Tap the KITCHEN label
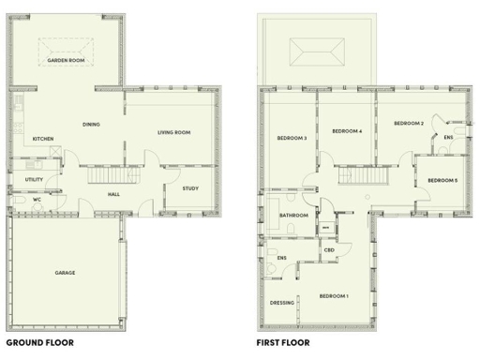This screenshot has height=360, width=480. tap(43, 140)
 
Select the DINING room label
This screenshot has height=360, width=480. tap(91, 124)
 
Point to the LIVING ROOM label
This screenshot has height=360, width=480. tap(172, 133)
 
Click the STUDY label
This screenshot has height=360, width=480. tap(190, 188)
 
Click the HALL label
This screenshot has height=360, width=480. tap(112, 194)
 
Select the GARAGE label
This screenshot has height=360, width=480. tap(65, 273)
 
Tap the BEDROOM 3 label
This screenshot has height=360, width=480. tap(292, 139)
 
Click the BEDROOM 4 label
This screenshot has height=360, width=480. tap(347, 130)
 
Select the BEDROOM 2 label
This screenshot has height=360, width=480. tap(409, 124)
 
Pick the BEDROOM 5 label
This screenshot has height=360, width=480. tap(442, 179)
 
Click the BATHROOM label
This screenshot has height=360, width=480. tap(293, 216)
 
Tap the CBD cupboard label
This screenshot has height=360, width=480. tap(329, 250)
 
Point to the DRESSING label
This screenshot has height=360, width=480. tap(282, 303)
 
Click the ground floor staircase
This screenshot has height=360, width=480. tap(107, 175)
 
